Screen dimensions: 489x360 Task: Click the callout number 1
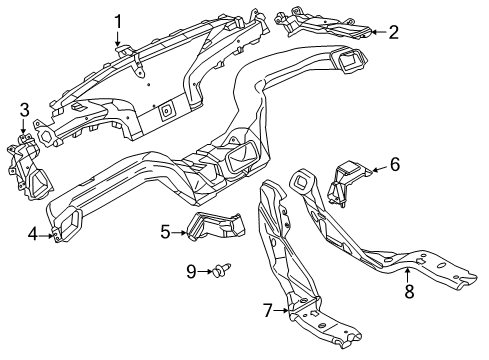(x=118, y=22)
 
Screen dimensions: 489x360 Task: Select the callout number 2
(x=394, y=32)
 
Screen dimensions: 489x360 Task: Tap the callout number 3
(x=24, y=110)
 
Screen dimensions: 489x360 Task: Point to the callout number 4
(x=33, y=235)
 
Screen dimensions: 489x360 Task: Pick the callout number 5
(x=165, y=232)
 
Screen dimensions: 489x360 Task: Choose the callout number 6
(x=395, y=164)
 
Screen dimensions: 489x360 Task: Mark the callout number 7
(x=268, y=311)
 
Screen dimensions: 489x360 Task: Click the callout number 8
(x=409, y=291)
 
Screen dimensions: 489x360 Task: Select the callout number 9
(x=191, y=272)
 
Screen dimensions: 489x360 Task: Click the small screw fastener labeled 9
(x=221, y=270)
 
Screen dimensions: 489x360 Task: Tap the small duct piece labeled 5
(x=217, y=226)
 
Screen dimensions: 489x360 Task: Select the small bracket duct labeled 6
(x=348, y=182)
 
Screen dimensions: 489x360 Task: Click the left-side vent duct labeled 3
(x=29, y=167)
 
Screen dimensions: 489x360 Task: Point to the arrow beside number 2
(x=379, y=32)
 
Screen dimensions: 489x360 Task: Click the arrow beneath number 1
(x=117, y=38)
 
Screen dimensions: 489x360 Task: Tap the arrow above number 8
(x=407, y=275)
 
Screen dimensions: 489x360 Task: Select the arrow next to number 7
(x=281, y=311)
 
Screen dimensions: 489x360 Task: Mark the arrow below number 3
(x=23, y=127)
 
